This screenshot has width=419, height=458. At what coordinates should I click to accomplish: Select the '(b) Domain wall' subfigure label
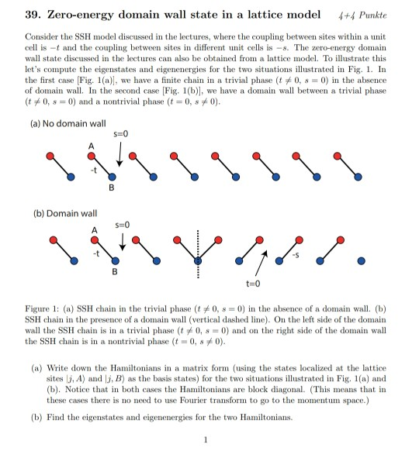(54, 212)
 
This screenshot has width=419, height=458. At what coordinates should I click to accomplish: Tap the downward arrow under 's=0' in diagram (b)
(121, 241)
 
